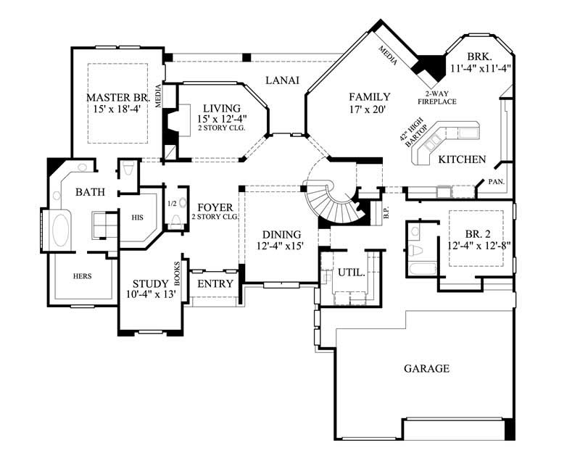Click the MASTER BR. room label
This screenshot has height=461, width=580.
117,97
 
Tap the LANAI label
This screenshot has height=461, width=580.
282,80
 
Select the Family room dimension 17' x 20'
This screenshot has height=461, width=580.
369,110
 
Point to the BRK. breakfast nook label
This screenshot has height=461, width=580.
479,57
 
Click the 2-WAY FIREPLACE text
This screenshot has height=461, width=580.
441,98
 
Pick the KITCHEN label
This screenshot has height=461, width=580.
462,159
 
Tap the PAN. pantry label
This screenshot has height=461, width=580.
496,181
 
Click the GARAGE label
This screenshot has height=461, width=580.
426,368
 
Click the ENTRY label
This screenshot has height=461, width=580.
215,283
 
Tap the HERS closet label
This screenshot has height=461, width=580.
83,276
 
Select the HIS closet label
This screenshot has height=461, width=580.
138,217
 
